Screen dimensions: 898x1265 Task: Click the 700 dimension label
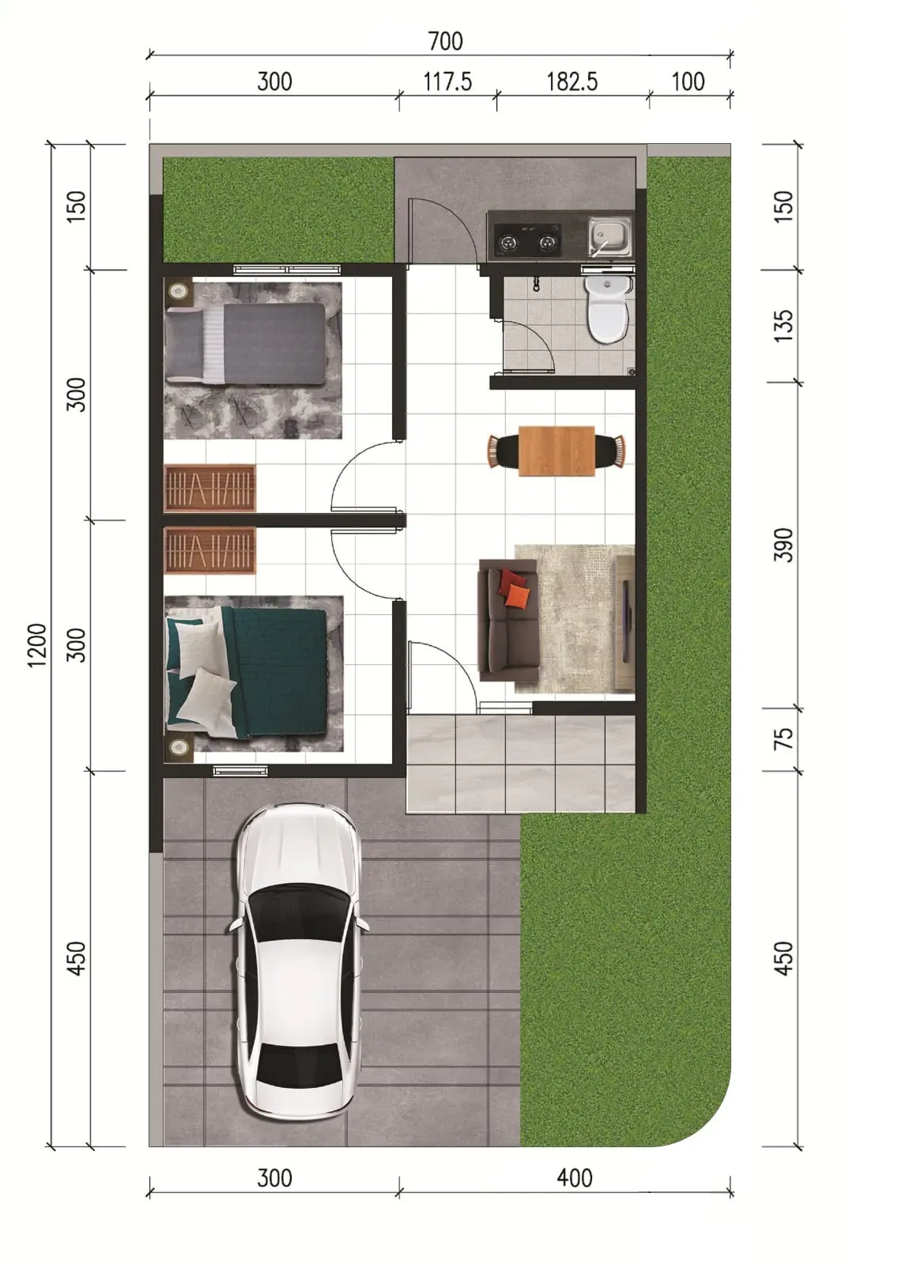tap(445, 41)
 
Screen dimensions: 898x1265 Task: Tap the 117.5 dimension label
tap(447, 82)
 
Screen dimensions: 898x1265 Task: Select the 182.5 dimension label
tap(572, 82)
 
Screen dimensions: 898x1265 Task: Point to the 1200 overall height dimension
tap(36, 645)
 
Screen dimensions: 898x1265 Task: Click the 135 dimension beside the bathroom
tap(783, 325)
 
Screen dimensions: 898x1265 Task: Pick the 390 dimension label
tap(783, 545)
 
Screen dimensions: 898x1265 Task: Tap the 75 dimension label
tap(783, 738)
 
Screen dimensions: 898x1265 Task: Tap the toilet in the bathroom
tap(606, 309)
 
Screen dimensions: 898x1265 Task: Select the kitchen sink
tap(609, 237)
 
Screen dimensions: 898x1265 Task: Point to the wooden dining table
tap(557, 451)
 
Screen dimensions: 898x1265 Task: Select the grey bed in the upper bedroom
tap(245, 344)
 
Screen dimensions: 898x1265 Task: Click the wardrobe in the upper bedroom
tap(209, 488)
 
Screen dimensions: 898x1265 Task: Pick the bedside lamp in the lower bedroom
tap(179, 747)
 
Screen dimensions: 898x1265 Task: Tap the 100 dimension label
tap(688, 82)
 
